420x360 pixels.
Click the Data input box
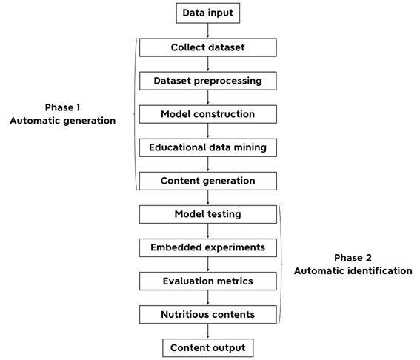pos(208,13)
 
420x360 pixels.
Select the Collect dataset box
pos(208,47)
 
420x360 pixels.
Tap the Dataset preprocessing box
pos(208,81)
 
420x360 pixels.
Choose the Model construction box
pos(208,114)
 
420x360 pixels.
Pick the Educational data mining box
pos(208,147)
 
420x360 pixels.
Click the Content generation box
pos(208,181)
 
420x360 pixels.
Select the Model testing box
pos(208,214)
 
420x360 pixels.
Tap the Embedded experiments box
pos(208,247)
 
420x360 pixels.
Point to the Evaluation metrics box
pos(208,281)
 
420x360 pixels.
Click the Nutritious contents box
pos(208,315)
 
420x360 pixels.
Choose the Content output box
pos(208,348)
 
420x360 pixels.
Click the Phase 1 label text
pos(62,107)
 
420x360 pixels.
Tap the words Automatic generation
pos(63,121)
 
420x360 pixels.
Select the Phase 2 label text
pos(353,258)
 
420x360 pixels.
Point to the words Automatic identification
pos(353,271)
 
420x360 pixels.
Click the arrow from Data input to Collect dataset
pos(208,30)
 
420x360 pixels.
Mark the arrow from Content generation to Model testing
pos(208,198)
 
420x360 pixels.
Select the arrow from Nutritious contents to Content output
pos(208,331)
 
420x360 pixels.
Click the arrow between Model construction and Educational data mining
pos(208,130)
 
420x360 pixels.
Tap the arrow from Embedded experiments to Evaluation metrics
pos(208,264)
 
